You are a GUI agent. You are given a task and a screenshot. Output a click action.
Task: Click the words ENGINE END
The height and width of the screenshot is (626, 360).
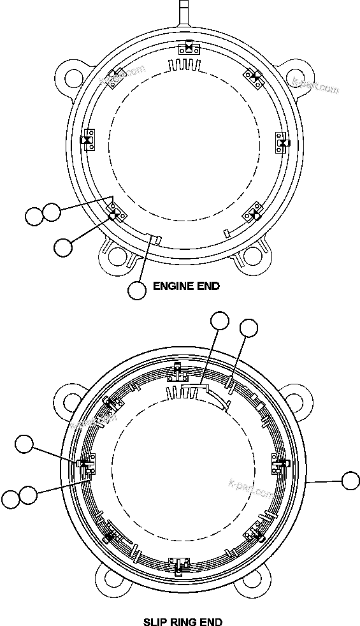click(x=186, y=286)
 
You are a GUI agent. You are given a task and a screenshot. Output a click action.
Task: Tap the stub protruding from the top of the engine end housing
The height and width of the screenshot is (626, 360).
click(x=184, y=12)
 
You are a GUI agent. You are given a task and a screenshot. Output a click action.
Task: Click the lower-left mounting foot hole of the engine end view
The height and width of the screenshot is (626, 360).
click(x=116, y=256)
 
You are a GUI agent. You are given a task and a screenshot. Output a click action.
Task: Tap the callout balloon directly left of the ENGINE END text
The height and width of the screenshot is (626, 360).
click(x=137, y=290)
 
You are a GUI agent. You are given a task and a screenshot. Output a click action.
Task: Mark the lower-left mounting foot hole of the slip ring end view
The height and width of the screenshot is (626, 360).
click(x=114, y=583)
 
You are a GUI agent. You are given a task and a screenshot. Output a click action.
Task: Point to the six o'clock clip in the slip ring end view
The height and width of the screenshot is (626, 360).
click(x=179, y=564)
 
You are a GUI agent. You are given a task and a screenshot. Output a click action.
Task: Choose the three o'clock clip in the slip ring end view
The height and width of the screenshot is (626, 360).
click(x=280, y=463)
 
